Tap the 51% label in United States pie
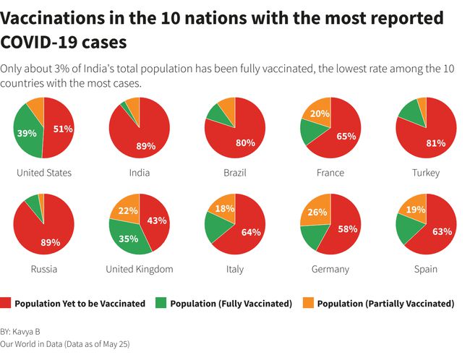(62, 129)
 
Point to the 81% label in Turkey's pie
(435, 142)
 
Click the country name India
(139, 173)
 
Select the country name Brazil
(234, 173)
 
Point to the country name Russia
(44, 269)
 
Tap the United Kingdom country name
(139, 269)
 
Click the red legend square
(7, 304)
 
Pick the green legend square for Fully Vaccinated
(162, 304)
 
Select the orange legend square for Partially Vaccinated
(309, 304)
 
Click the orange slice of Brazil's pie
(227, 108)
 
